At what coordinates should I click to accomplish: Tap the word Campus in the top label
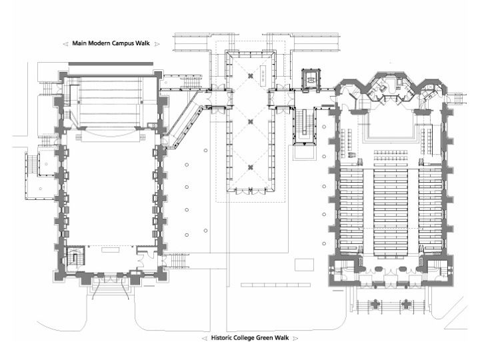click(123, 43)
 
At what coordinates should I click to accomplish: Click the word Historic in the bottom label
click(221, 338)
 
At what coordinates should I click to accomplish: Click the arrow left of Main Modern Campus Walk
click(65, 44)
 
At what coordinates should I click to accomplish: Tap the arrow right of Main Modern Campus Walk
click(157, 44)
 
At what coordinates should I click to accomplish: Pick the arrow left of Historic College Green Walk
click(205, 338)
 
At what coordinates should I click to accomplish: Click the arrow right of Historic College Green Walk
click(295, 338)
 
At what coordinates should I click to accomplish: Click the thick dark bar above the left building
click(111, 64)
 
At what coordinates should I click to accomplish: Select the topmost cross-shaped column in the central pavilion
click(251, 75)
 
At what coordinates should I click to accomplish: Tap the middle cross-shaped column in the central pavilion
click(251, 122)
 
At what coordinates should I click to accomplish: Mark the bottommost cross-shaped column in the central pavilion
click(251, 167)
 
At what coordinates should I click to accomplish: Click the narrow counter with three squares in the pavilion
click(263, 74)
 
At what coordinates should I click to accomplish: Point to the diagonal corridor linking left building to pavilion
click(185, 120)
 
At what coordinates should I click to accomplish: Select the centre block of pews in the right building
click(391, 212)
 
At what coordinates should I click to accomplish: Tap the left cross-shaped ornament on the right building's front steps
click(375, 304)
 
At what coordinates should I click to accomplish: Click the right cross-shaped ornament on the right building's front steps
click(406, 304)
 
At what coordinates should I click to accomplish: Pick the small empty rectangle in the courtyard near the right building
click(304, 265)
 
